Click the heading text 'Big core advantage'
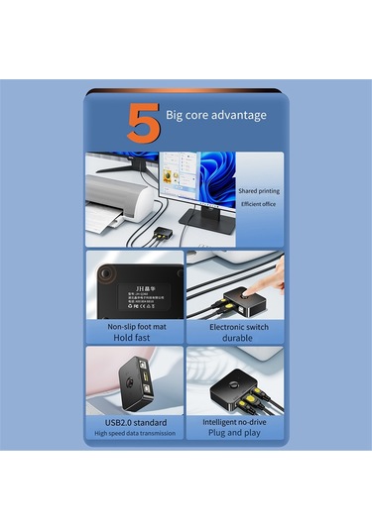tap(216, 115)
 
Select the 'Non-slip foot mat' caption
tap(135, 326)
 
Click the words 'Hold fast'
tap(135, 337)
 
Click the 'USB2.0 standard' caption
tap(135, 421)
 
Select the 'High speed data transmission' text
tap(135, 433)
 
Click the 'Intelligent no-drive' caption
tap(236, 421)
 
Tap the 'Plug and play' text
tap(236, 433)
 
